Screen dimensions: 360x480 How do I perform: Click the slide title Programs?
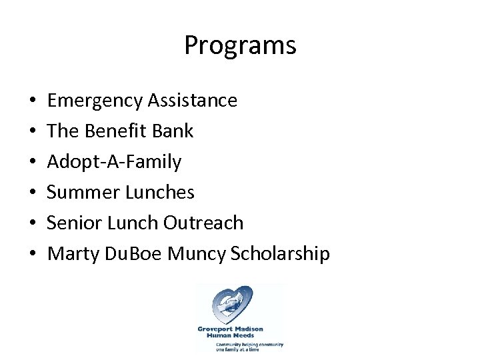point(240,46)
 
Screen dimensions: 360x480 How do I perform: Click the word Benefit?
point(115,131)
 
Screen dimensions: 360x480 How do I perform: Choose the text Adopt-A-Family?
point(114,162)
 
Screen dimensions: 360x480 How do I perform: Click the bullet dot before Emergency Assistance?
point(33,102)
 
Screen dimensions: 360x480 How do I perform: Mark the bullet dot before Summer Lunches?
point(33,193)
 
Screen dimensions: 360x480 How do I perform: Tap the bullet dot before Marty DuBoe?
point(33,255)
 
